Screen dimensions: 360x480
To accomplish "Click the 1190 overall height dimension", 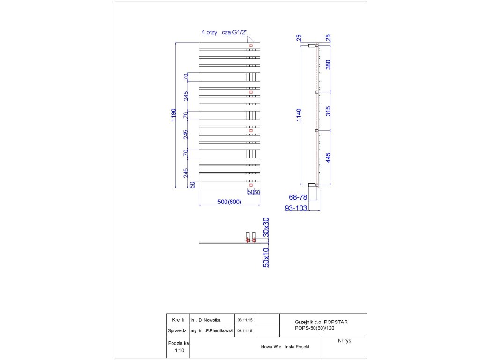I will tap(173, 115).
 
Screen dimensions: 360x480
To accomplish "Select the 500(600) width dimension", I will tap(229, 202).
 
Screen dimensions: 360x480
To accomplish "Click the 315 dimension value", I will tap(328, 111).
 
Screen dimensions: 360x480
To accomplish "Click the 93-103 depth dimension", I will tap(296, 208).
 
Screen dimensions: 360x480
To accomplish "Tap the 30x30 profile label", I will tap(266, 226).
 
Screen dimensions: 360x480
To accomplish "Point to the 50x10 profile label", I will tap(266, 257).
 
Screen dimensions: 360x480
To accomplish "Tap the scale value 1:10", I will tap(179, 350).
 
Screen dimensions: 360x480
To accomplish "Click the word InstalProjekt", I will tap(297, 347).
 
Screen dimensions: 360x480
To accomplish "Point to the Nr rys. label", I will tap(345, 341).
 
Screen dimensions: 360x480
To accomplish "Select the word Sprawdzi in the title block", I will tap(178, 330).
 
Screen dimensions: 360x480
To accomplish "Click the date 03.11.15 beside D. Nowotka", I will tap(245, 320).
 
